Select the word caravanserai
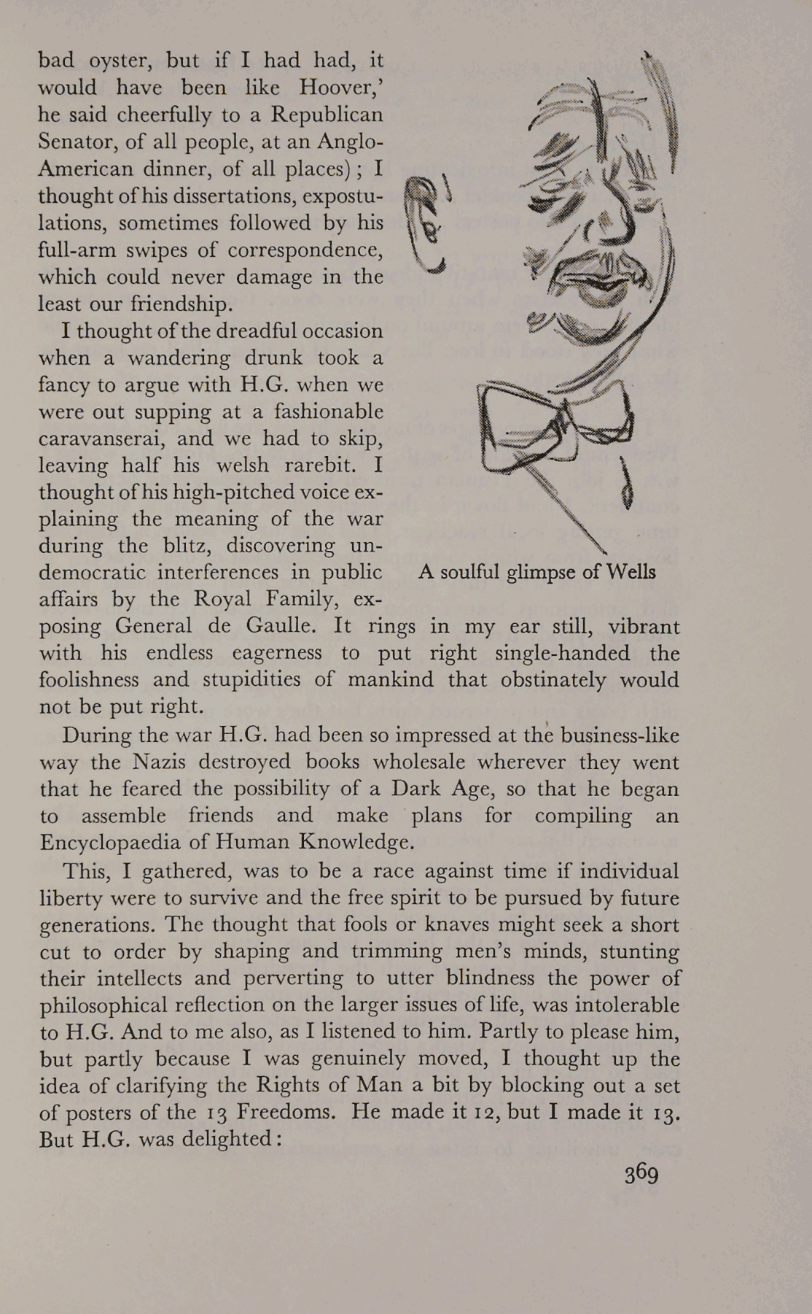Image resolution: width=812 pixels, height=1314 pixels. point(114,438)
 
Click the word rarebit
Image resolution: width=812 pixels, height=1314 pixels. point(316,465)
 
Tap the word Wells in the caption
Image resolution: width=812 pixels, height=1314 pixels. point(631,572)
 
